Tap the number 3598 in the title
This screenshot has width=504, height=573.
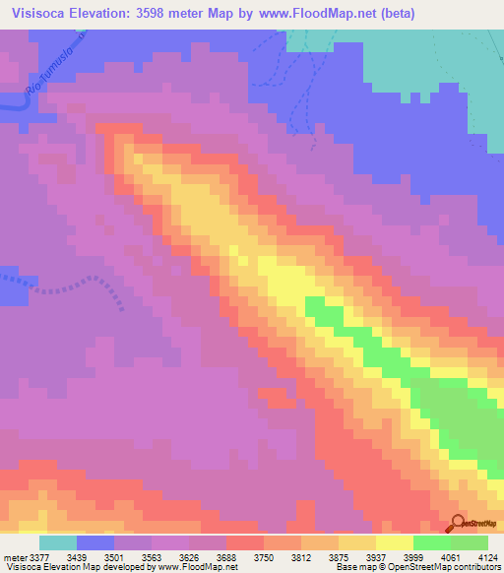(x=164, y=14)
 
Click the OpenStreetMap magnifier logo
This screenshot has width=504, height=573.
(x=459, y=524)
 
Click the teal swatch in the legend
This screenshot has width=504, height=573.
(x=58, y=542)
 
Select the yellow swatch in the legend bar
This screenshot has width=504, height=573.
(x=395, y=542)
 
